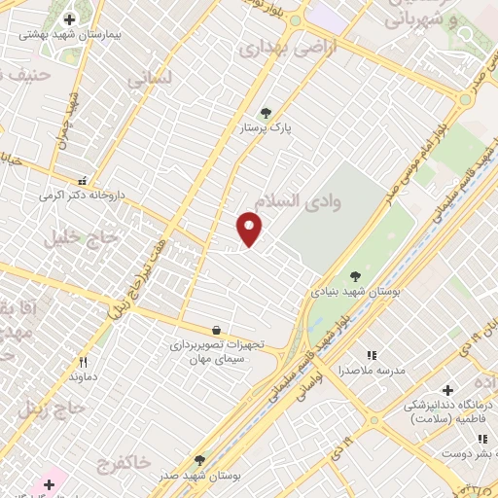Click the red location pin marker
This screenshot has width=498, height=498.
[x=250, y=228]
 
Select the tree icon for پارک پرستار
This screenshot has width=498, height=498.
[x=266, y=113]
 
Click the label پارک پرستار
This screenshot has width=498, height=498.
[x=267, y=127]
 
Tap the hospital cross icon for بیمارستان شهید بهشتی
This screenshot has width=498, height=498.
[x=69, y=19]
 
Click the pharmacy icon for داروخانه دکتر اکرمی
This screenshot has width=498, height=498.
[x=83, y=181]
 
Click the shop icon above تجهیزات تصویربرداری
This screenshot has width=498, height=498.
[x=216, y=331]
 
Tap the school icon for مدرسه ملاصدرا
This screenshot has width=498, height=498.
[x=371, y=356]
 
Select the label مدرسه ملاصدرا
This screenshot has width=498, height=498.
[x=371, y=371]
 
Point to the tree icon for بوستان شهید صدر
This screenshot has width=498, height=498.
[x=199, y=460]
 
